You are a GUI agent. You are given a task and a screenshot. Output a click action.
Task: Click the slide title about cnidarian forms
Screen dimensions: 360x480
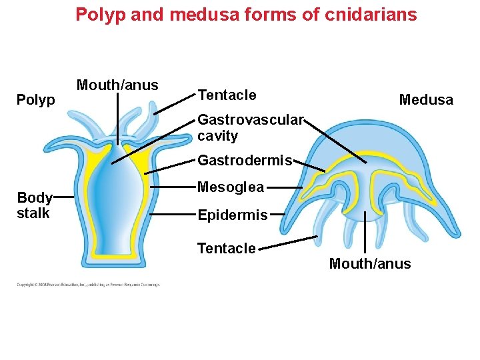pos(246,14)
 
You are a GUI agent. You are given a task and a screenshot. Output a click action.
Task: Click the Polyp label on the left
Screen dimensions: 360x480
pos(35,100)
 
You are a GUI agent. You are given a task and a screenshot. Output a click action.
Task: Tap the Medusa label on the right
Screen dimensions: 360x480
pos(425,100)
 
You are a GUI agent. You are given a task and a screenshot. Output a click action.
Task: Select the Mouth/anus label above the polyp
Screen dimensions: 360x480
pos(117,85)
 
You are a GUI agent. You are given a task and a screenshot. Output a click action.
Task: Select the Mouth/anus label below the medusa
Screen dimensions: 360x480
pos(370,264)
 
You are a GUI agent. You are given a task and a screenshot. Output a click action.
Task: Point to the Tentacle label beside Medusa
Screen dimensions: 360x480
pos(227,95)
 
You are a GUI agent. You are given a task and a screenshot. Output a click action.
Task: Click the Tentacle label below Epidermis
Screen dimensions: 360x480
pos(226,249)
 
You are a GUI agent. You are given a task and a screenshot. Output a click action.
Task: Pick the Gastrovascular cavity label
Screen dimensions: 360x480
pos(250,128)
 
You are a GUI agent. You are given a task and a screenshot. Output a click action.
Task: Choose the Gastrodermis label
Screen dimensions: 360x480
pos(245,161)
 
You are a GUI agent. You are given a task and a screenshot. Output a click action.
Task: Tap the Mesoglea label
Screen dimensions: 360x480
pos(231,187)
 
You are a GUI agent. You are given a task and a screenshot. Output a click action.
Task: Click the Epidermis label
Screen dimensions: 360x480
pos(232,215)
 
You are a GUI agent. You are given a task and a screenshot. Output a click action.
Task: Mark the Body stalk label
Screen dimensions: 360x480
pos(34,205)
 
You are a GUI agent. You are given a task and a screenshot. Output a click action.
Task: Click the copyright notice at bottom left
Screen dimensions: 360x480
pos(88,285)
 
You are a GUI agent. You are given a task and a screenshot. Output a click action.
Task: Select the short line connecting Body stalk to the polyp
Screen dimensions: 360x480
pos(63,197)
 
